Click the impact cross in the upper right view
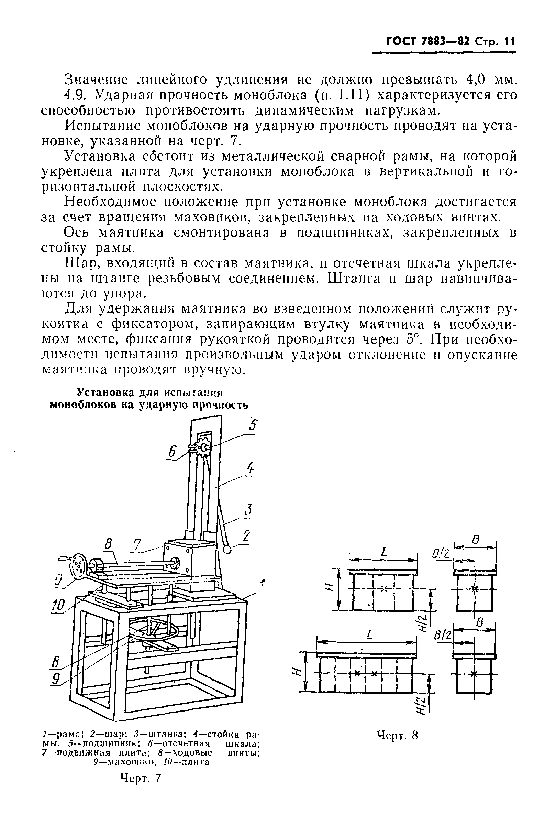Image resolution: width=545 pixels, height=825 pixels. pyautogui.click(x=475, y=589)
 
